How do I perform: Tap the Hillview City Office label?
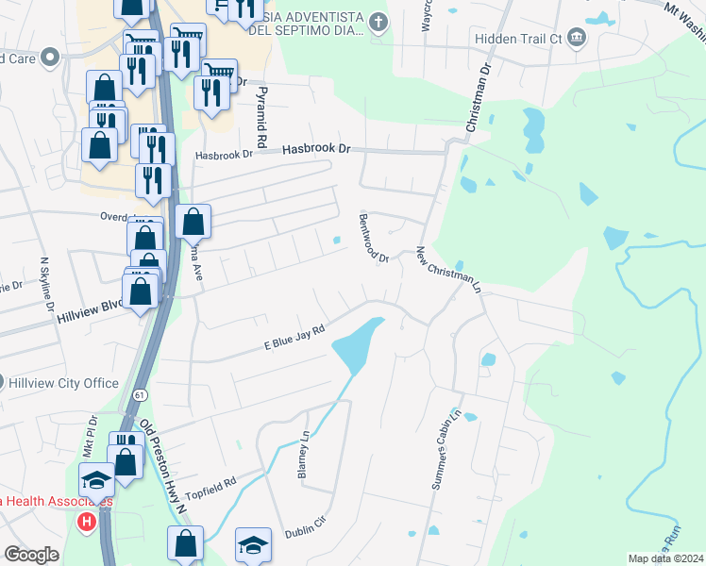64,384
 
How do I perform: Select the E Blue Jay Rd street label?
294,338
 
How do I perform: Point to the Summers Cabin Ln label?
446,449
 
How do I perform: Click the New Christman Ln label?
448,270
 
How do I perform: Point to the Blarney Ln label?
304,455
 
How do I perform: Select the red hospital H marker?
88,521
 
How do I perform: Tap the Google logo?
31,555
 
